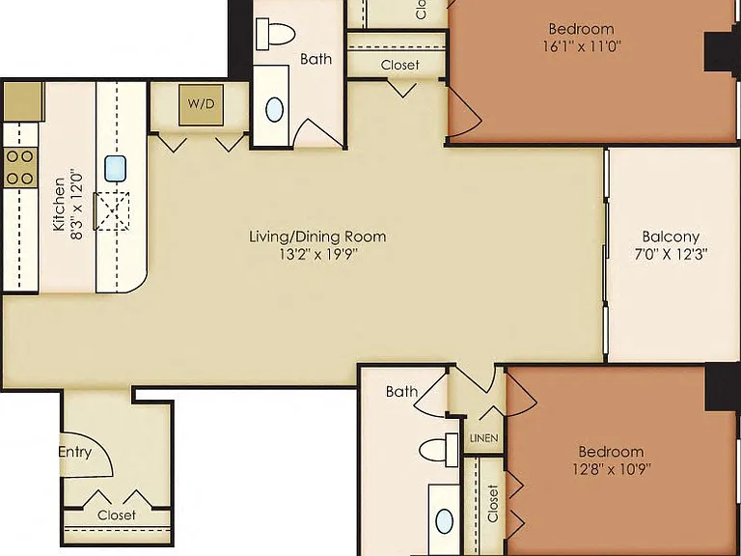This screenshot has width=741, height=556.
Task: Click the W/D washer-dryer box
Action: (x=201, y=104)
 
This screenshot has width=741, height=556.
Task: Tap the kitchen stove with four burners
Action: (x=20, y=167)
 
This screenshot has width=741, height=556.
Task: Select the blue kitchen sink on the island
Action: (x=116, y=168)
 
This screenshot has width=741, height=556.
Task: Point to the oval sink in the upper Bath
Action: (x=275, y=110)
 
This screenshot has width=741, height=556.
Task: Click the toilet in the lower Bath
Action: (x=439, y=450)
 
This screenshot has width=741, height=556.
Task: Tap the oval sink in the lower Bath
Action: (x=444, y=522)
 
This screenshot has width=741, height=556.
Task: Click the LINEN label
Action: (x=484, y=438)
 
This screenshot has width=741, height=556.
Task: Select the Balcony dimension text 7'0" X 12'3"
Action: (x=671, y=255)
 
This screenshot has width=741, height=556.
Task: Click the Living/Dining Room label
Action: (x=317, y=236)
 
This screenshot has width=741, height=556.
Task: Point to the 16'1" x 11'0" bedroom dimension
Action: (x=581, y=46)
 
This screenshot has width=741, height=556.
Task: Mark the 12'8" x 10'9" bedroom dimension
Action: (x=612, y=469)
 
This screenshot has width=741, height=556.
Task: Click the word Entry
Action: (x=74, y=452)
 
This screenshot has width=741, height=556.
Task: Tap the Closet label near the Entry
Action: (x=116, y=514)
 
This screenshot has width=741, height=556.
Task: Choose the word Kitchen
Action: (x=59, y=205)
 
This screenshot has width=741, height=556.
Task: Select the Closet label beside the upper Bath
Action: (x=399, y=65)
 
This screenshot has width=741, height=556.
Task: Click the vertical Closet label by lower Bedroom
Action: (x=492, y=504)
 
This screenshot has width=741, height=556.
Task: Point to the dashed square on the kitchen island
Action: (x=112, y=210)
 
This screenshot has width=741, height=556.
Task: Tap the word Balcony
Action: (x=671, y=236)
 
